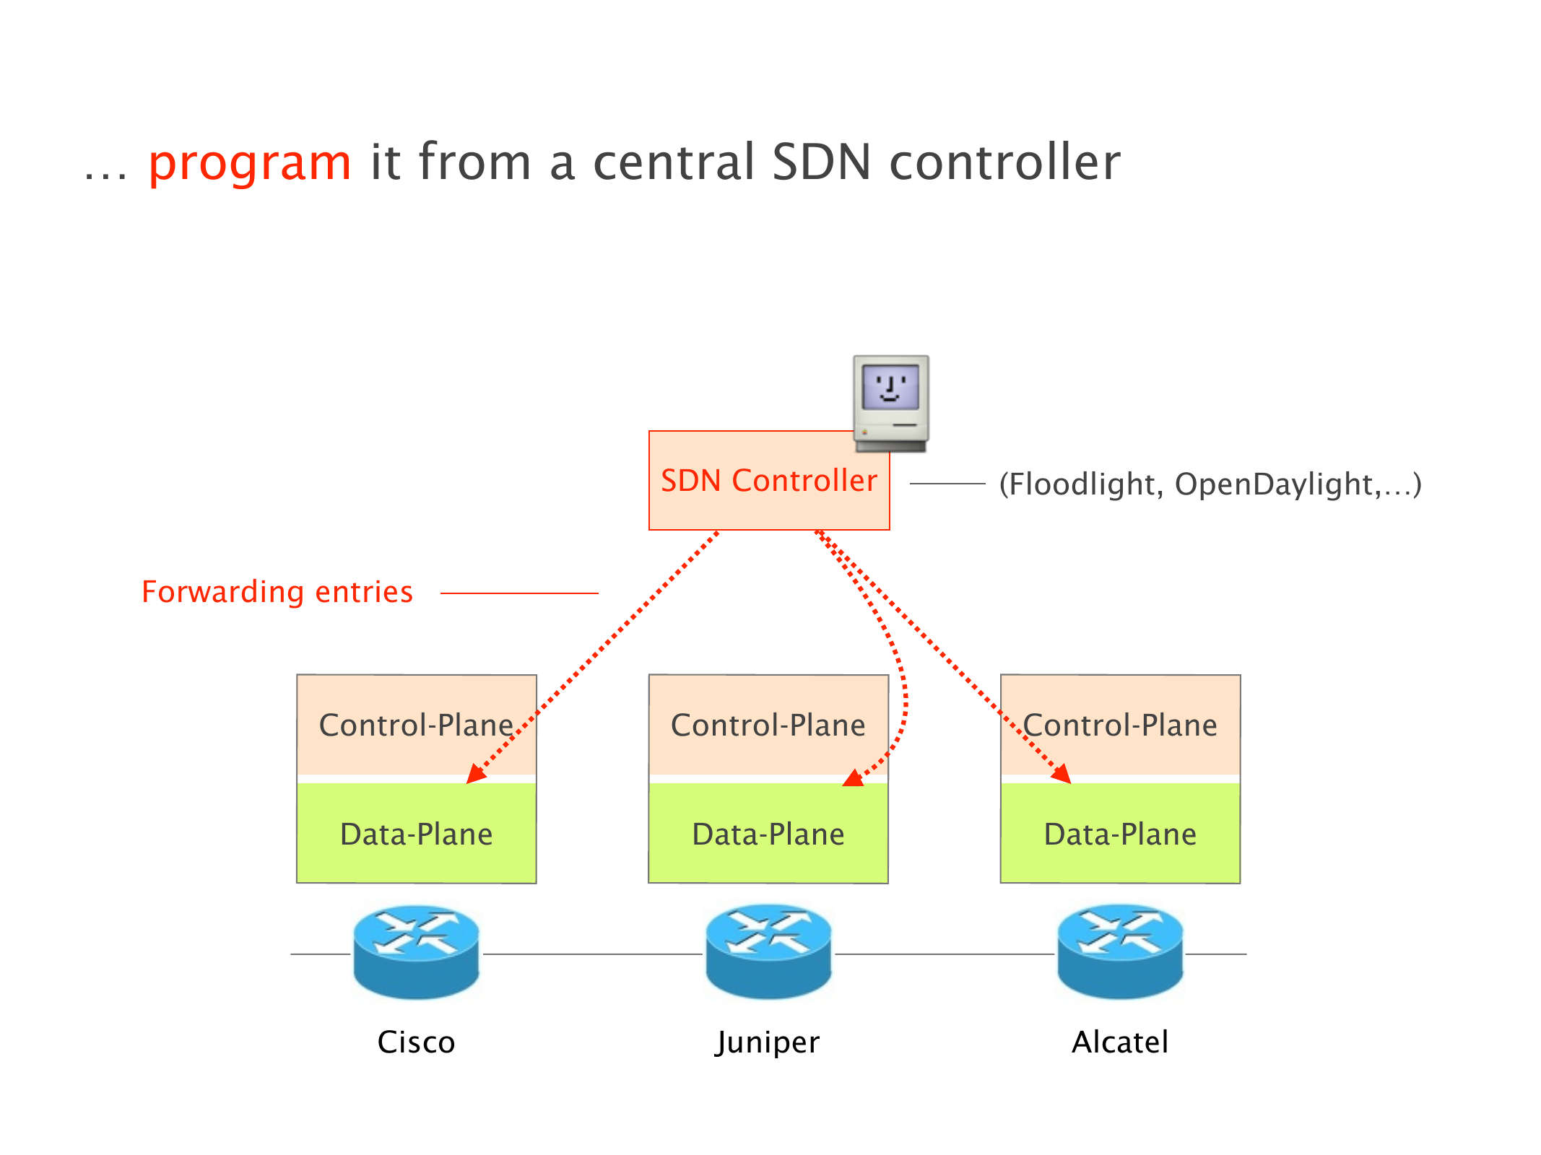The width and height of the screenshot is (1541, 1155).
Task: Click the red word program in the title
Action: click(x=249, y=163)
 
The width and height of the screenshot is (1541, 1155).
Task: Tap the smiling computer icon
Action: click(x=890, y=402)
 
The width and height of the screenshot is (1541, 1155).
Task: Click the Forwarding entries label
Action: click(x=277, y=592)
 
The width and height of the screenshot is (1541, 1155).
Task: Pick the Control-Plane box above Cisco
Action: click(x=416, y=725)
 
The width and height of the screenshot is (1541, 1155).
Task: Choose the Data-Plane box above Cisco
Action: click(x=416, y=834)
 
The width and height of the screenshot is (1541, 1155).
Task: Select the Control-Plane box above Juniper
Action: click(x=768, y=725)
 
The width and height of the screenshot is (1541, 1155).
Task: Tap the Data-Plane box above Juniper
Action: click(x=768, y=834)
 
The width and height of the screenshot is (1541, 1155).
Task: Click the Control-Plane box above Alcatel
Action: click(x=1120, y=725)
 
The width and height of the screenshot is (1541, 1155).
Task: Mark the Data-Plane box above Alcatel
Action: click(x=1120, y=834)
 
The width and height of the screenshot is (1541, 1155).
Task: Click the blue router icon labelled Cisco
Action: click(x=416, y=951)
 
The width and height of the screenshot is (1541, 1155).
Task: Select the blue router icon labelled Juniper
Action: click(x=768, y=951)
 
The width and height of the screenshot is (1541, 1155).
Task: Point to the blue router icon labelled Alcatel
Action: click(x=1120, y=951)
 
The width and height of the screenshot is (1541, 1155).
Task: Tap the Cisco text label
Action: click(x=416, y=1042)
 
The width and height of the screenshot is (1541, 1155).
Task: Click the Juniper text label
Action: click(x=768, y=1042)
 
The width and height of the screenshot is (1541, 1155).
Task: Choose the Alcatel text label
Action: click(x=1120, y=1042)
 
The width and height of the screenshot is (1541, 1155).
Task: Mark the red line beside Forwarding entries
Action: click(x=519, y=593)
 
